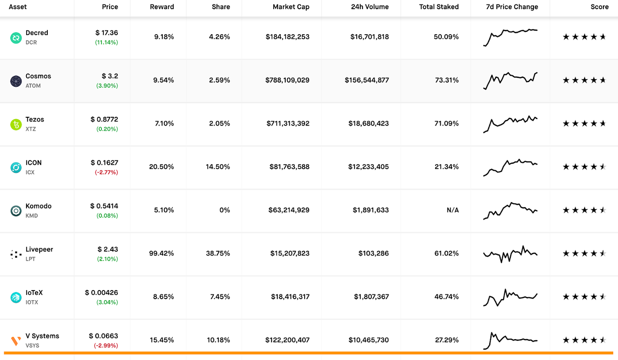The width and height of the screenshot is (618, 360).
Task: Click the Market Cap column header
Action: click(291, 7)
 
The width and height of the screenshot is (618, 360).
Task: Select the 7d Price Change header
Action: click(512, 7)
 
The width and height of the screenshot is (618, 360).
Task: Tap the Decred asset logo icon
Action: click(16, 38)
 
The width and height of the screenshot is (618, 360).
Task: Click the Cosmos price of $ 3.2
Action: click(110, 76)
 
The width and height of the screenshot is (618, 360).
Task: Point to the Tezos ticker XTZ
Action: click(31, 129)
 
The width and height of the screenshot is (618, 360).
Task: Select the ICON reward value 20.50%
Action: click(161, 166)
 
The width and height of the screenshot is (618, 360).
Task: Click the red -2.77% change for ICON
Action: click(107, 172)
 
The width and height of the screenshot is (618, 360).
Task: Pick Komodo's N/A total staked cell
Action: click(452, 210)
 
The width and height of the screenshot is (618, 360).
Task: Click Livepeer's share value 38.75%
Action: click(218, 253)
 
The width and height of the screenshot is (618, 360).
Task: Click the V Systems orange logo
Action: click(16, 341)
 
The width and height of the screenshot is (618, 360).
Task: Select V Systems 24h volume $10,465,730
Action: click(368, 340)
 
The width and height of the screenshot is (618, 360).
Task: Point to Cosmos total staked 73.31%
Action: click(447, 80)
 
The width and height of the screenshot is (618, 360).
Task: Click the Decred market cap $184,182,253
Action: click(287, 37)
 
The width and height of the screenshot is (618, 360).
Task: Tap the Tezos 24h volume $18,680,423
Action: click(368, 124)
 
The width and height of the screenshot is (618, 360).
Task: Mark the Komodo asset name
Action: click(39, 206)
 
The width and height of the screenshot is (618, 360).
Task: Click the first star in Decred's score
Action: click(566, 37)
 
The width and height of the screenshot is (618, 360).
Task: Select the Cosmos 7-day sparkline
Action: click(510, 80)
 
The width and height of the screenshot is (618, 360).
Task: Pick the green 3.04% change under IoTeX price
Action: click(107, 303)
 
